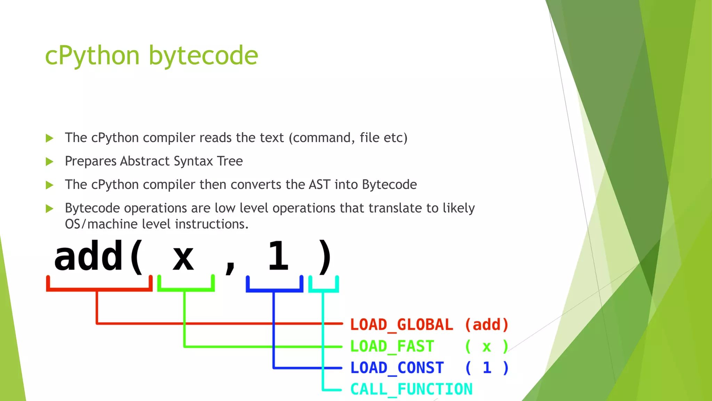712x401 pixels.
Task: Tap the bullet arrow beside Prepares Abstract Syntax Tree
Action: pos(49,162)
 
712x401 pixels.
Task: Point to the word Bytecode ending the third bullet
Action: pos(389,184)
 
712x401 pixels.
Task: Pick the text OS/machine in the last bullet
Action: pos(101,224)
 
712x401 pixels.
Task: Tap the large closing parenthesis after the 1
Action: pos(325,257)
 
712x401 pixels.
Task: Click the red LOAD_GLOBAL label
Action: pos(402,325)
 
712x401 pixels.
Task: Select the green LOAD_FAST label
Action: pos(392,346)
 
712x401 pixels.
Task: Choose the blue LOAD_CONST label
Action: pos(397,368)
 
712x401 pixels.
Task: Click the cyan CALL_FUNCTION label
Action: pos(411,389)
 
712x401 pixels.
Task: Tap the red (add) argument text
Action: pos(487,325)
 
